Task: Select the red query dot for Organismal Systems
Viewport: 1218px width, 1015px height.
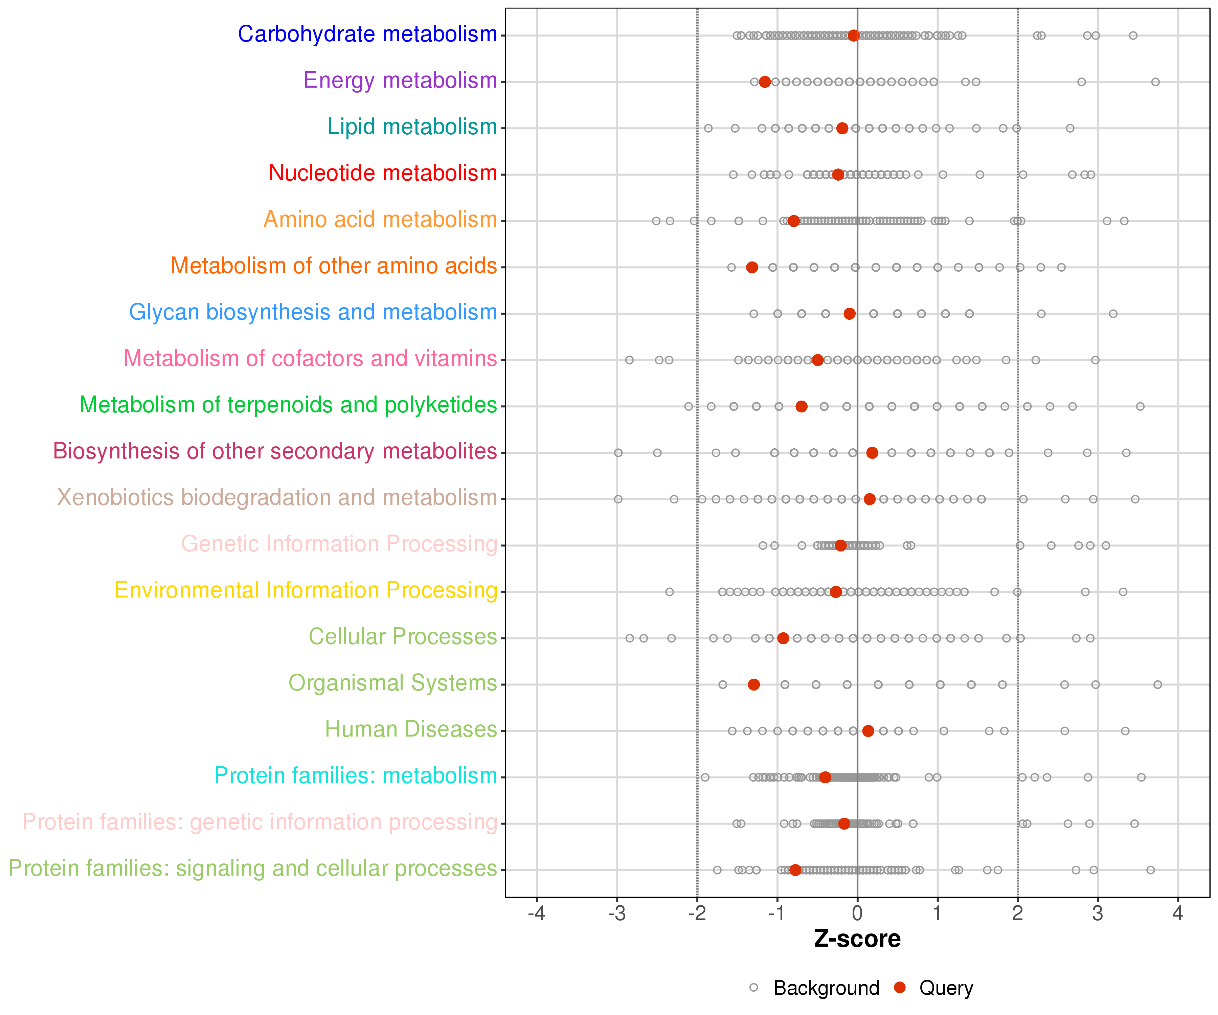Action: tap(753, 684)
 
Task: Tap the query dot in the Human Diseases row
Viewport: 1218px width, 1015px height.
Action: tap(868, 731)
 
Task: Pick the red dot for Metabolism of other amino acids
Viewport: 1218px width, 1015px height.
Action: tap(752, 267)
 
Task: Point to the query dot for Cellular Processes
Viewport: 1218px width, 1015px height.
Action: tap(783, 638)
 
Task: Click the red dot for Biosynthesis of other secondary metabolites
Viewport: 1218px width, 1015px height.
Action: tap(872, 452)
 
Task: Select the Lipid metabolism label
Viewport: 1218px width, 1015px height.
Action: tap(412, 127)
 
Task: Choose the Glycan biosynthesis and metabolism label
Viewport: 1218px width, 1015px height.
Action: tap(313, 313)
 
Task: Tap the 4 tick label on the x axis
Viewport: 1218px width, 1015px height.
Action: tap(1177, 914)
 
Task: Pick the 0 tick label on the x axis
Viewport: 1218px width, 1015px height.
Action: tap(857, 914)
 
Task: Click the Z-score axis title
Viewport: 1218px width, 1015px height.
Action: tap(857, 939)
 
